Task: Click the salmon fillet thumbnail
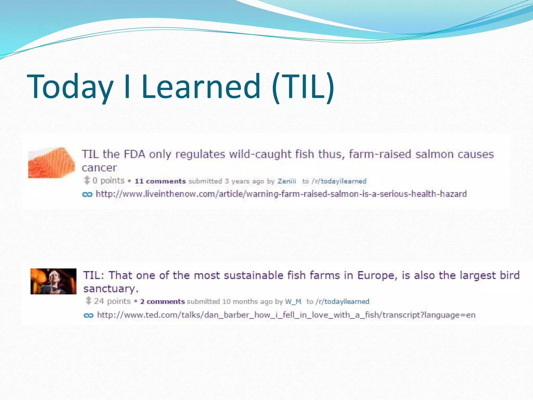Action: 51,163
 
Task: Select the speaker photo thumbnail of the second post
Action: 53,281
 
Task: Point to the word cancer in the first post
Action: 99,168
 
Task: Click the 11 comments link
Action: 160,181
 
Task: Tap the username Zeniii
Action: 287,181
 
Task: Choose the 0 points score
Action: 108,180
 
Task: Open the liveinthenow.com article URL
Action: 281,194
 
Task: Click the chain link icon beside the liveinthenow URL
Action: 87,194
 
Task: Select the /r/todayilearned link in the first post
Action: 339,181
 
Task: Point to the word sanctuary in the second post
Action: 111,289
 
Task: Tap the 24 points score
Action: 112,301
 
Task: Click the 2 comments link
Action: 162,302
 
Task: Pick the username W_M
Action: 293,302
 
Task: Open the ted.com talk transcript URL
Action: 286,315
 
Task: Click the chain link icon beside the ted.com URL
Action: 88,315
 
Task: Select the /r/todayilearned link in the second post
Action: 342,302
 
